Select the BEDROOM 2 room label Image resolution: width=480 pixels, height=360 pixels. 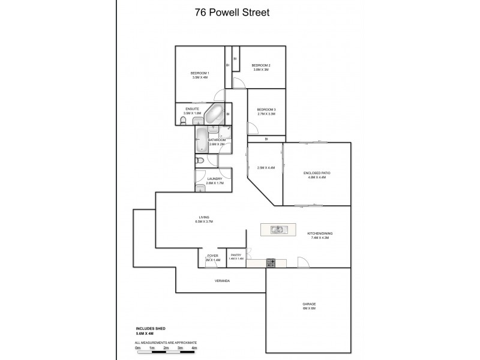tap(260, 65)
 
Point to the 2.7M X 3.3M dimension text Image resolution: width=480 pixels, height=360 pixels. tap(266, 113)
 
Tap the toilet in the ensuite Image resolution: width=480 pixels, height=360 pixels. tap(183, 122)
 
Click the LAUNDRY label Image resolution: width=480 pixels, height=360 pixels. tap(215, 178)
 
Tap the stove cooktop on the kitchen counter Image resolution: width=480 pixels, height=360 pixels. tap(271, 262)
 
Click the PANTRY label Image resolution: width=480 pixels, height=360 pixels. tap(236, 255)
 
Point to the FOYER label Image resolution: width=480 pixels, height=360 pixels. tap(213, 255)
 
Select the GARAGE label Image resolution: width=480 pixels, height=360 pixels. tap(309, 304)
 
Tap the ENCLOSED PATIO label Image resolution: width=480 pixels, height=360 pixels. tap(317, 173)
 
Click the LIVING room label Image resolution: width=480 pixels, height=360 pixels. tap(204, 217)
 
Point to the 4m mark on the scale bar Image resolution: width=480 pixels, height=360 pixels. tap(194, 348)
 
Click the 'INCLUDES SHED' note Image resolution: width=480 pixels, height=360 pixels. tap(150, 329)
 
